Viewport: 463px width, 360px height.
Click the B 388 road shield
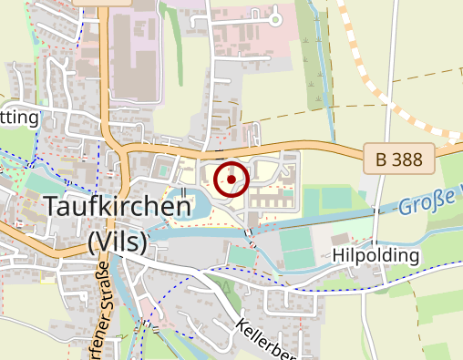tap(399, 159)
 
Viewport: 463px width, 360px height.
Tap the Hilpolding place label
tap(376, 255)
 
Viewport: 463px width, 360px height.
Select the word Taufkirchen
tap(117, 206)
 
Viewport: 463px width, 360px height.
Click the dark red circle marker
tap(231, 179)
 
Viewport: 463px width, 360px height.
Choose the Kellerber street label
tap(268, 338)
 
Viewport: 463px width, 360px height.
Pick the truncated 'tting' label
tap(20, 118)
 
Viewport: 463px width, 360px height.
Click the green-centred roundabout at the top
tap(275, 17)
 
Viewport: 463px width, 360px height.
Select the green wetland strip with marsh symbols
tap(316, 73)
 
